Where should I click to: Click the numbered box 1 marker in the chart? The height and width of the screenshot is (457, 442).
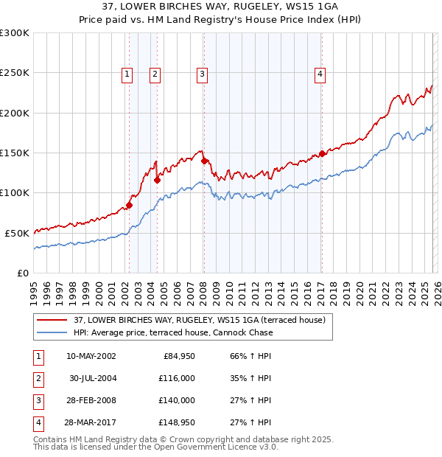point(127,73)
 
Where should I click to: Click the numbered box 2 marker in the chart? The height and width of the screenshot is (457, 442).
point(155,73)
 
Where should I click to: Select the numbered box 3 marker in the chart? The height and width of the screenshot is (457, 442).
point(202,73)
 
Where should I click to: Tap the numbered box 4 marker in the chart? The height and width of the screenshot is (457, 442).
point(320,73)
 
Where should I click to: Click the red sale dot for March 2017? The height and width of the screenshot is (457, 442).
point(322,154)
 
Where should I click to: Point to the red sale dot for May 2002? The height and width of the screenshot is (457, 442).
point(129,205)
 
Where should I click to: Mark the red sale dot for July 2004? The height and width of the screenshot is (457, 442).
point(158,179)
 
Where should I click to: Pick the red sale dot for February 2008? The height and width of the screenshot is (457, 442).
point(204,160)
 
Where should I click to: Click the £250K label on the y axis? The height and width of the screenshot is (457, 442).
point(15,73)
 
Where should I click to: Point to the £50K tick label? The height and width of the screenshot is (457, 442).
point(17,233)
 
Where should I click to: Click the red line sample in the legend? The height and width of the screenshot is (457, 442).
point(52,320)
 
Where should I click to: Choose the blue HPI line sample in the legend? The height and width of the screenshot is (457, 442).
point(52,332)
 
